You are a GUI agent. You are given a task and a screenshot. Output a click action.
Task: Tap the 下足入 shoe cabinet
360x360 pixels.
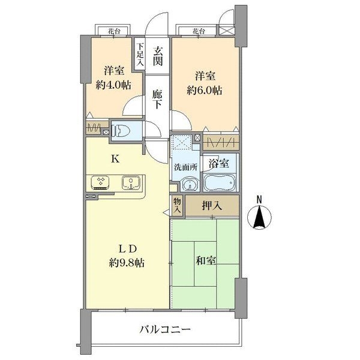pos(139,54)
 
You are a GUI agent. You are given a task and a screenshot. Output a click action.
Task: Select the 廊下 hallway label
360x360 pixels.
pos(157,99)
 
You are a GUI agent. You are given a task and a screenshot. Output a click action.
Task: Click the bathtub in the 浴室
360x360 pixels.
pos(220,182)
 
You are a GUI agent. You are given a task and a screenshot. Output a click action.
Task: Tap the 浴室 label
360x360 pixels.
pos(218,162)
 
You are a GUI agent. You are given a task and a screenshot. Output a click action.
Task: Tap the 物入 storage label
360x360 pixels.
pos(177,206)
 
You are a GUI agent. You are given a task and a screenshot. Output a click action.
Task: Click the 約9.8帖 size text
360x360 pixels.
pos(127,262)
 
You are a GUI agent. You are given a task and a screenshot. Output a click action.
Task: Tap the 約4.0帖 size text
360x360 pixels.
pos(113,85)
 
